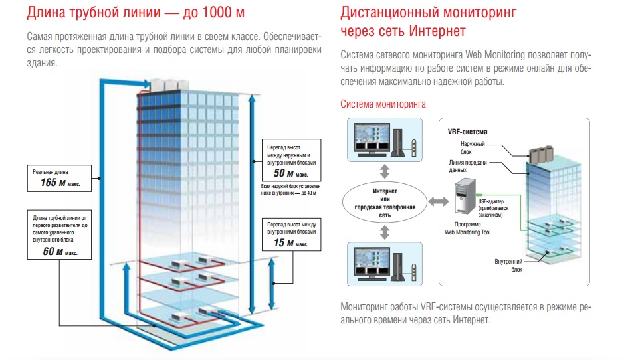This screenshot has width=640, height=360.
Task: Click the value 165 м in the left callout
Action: point(56,182)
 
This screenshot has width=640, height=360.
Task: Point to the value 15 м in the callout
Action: point(282,244)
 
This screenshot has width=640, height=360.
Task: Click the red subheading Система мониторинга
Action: point(383,104)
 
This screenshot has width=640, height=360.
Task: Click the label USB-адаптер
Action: point(492,201)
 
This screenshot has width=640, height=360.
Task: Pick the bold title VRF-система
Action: point(468,132)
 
